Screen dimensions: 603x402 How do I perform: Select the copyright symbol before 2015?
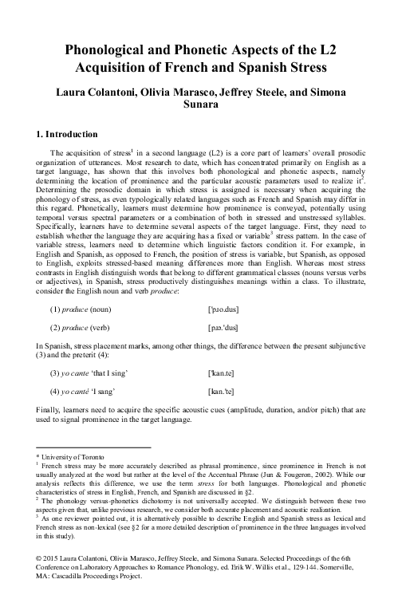41,552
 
